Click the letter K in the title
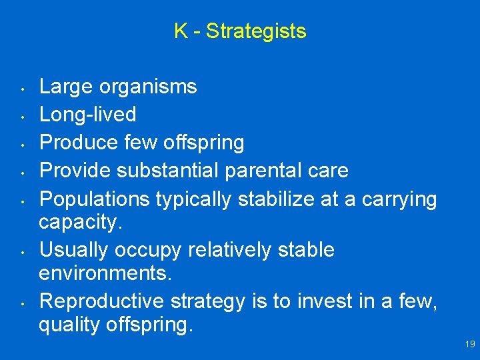(x=181, y=31)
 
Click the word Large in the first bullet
(x=66, y=87)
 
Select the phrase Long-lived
(x=88, y=115)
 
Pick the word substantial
(x=175, y=171)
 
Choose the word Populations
(x=95, y=199)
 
